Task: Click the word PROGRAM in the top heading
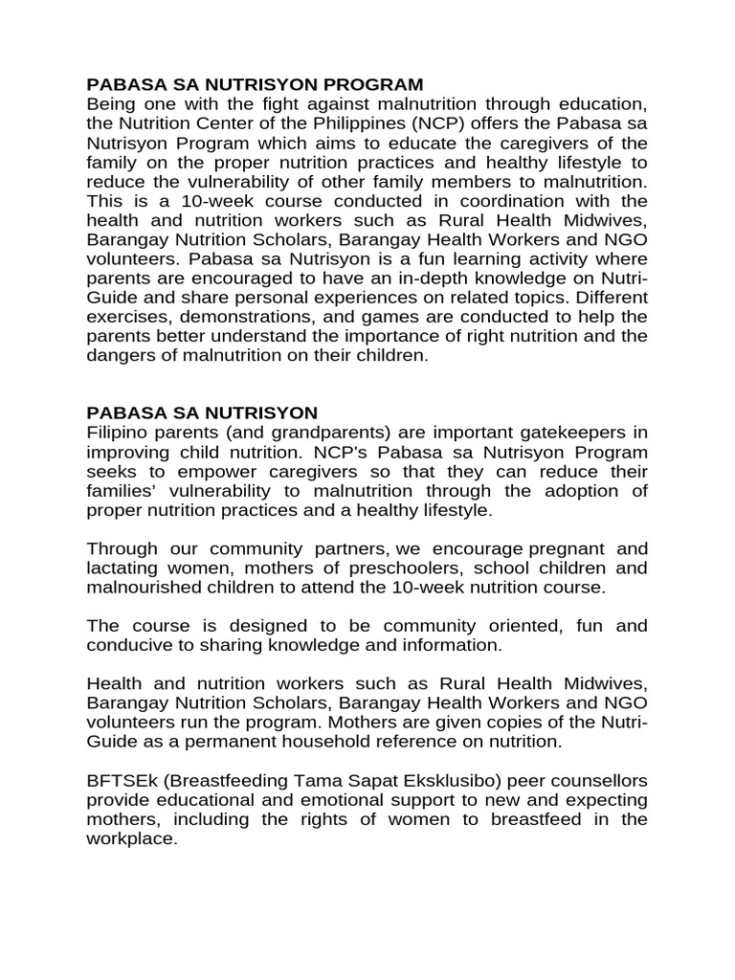coord(367,85)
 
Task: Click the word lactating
coord(120,568)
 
